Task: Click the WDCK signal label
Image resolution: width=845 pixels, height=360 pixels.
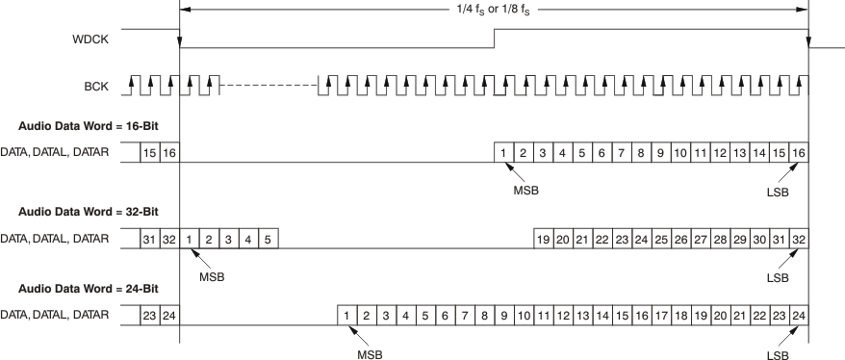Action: pyautogui.click(x=90, y=40)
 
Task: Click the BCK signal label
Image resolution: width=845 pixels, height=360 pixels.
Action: pyautogui.click(x=95, y=87)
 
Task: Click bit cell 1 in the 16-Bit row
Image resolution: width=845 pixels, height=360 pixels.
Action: pyautogui.click(x=503, y=153)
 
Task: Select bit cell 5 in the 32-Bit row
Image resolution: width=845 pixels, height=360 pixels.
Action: pyautogui.click(x=268, y=238)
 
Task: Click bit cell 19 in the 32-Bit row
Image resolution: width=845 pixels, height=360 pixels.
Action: pyautogui.click(x=544, y=238)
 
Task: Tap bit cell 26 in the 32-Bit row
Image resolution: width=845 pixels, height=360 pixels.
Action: pyautogui.click(x=680, y=238)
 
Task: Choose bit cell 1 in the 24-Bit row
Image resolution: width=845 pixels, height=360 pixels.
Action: pyautogui.click(x=346, y=314)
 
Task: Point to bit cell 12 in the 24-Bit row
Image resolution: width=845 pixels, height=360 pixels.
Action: pyautogui.click(x=563, y=314)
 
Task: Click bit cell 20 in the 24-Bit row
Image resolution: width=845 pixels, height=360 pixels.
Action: pyautogui.click(x=720, y=314)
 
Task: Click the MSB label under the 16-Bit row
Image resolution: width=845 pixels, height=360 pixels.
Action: pyautogui.click(x=525, y=190)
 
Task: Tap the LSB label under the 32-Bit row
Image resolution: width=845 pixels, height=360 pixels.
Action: pyautogui.click(x=778, y=278)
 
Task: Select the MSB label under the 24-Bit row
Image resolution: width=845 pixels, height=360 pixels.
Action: pyautogui.click(x=370, y=354)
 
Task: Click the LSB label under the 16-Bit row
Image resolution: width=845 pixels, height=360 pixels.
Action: pyautogui.click(x=778, y=190)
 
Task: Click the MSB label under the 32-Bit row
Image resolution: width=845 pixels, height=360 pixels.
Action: pyautogui.click(x=212, y=277)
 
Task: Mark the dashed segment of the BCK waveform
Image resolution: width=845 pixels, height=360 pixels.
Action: pyautogui.click(x=269, y=87)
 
